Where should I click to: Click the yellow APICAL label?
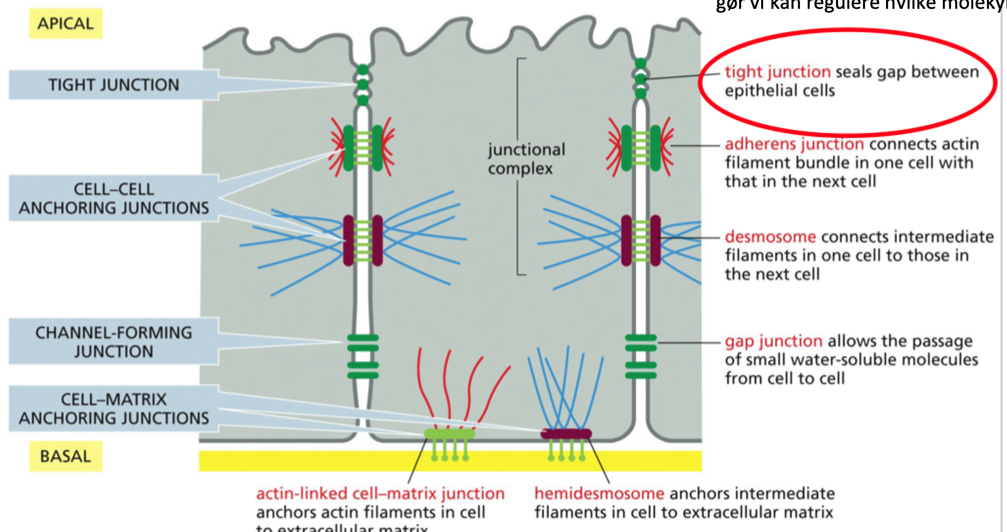(65, 24)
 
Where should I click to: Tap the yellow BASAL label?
(65, 456)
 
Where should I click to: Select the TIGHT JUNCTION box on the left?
(113, 85)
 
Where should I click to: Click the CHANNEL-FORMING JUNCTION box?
(113, 341)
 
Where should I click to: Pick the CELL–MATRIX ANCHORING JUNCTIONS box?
(113, 409)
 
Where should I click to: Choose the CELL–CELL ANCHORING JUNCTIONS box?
(113, 198)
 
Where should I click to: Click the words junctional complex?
(526, 159)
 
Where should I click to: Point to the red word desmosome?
(770, 237)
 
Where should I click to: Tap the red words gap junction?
(773, 340)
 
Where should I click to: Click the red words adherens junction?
(794, 144)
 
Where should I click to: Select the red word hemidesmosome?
(599, 493)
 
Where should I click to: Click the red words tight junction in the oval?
(777, 72)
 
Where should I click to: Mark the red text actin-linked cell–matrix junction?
(380, 493)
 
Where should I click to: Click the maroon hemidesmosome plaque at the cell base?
(566, 434)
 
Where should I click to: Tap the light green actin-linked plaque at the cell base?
(449, 434)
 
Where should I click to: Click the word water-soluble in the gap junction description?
(844, 360)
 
